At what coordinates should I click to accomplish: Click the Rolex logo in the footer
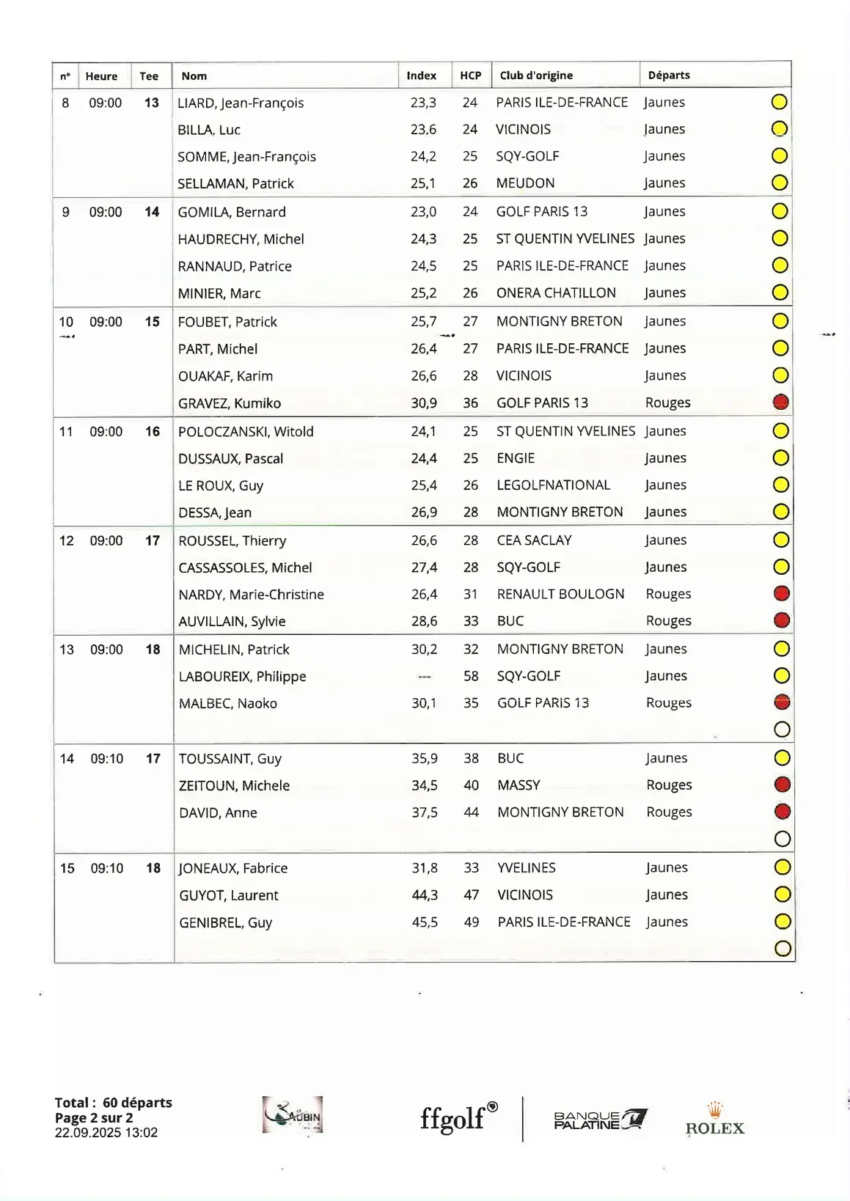(714, 1120)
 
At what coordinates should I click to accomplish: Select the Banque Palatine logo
(600, 1120)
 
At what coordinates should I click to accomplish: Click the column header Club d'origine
(536, 76)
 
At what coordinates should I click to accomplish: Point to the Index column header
(421, 76)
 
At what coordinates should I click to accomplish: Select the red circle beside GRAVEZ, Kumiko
(781, 402)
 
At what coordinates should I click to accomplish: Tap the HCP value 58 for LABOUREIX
(471, 676)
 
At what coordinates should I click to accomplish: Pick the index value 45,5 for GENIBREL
(425, 922)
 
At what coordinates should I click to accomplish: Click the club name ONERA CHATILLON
(556, 293)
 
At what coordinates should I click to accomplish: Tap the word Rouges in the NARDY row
(668, 594)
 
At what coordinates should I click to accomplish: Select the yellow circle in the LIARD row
(780, 102)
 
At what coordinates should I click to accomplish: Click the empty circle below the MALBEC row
(782, 730)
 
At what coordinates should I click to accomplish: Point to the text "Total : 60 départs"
(113, 1103)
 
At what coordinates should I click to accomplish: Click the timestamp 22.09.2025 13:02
(106, 1133)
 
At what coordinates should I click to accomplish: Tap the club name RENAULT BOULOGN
(560, 594)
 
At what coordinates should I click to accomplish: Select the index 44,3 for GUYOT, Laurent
(425, 895)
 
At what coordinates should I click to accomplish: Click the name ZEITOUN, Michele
(234, 786)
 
